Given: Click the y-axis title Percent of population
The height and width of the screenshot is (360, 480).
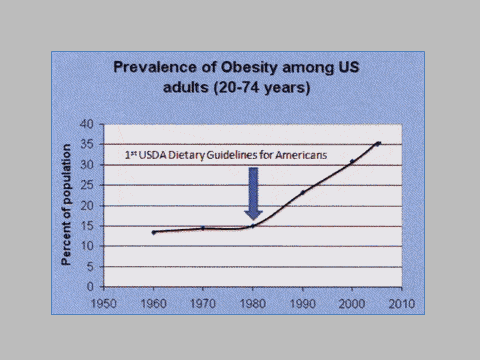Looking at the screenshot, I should point(67,205).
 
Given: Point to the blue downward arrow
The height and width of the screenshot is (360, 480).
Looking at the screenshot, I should point(253,193).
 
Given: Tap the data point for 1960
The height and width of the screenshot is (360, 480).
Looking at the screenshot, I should point(154,232).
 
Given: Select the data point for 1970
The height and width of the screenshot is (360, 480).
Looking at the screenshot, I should point(203,228).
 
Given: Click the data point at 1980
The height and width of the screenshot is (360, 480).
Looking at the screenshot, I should point(253,226).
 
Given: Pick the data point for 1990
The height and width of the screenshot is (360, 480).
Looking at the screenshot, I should point(303,192).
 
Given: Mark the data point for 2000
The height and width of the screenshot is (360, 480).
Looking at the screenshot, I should point(352,161).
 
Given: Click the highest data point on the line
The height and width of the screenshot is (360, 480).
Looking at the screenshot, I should point(378,143).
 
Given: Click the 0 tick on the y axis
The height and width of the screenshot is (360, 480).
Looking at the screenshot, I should point(90,287).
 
